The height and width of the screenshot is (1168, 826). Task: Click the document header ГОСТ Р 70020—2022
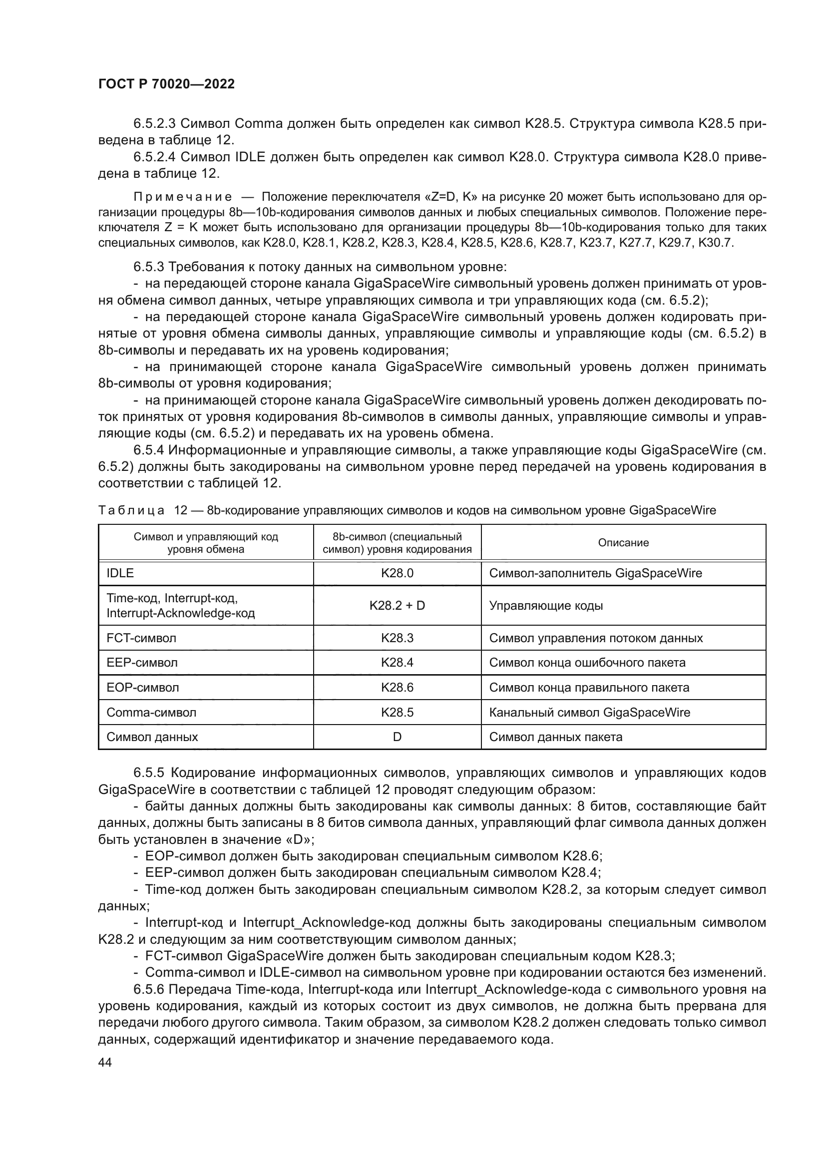[166, 84]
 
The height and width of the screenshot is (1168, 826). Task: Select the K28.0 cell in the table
[397, 573]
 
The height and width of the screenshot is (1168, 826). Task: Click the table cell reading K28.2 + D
[397, 606]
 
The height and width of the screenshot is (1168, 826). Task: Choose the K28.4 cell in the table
[397, 663]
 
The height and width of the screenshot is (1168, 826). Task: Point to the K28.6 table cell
[397, 688]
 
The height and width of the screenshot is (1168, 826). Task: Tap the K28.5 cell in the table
[397, 712]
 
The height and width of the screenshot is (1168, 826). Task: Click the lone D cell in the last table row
[397, 737]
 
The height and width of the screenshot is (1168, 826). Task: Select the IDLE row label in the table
[120, 573]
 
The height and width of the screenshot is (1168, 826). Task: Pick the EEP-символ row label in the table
[142, 663]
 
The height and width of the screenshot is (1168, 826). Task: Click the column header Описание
[623, 543]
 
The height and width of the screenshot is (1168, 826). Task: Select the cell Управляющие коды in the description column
[546, 606]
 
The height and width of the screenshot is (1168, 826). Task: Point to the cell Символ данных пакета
[555, 737]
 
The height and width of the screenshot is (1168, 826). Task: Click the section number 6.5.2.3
[155, 124]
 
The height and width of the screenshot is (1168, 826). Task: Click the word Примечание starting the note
[183, 197]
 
